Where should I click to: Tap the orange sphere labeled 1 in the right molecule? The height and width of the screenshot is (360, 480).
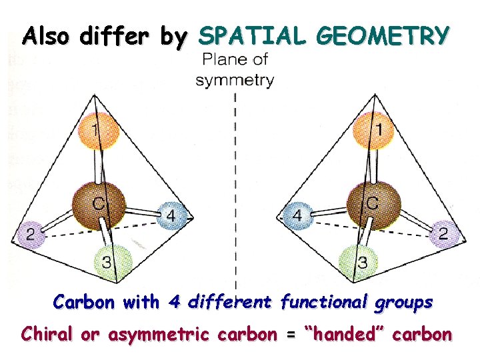[x=375, y=129]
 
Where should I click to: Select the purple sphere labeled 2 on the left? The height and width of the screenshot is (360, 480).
[x=31, y=235]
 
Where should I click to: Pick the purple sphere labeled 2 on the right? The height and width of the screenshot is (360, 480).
[x=443, y=234]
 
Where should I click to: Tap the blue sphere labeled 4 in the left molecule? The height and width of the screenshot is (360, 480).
[x=171, y=216]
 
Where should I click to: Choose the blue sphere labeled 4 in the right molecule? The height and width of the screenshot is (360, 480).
[x=297, y=216]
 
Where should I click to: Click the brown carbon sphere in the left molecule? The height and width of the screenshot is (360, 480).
[x=99, y=205]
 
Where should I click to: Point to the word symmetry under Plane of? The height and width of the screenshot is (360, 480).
[x=235, y=81]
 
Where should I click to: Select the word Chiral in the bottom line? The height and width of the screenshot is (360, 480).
[x=49, y=333]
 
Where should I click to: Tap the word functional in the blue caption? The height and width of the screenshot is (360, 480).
[x=321, y=302]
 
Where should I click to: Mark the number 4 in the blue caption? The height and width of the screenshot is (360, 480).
[x=175, y=302]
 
